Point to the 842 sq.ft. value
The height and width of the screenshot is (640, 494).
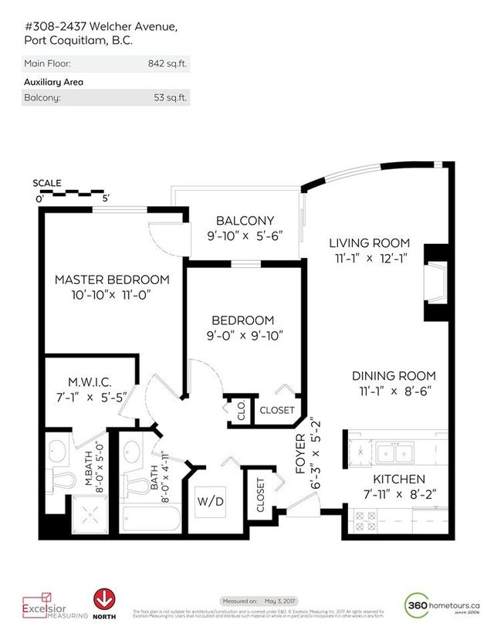tap(166, 64)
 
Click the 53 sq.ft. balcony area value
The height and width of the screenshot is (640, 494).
tap(169, 98)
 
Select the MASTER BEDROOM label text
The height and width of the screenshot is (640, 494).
tap(112, 279)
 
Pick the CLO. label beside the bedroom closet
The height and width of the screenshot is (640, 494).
tap(232, 411)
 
